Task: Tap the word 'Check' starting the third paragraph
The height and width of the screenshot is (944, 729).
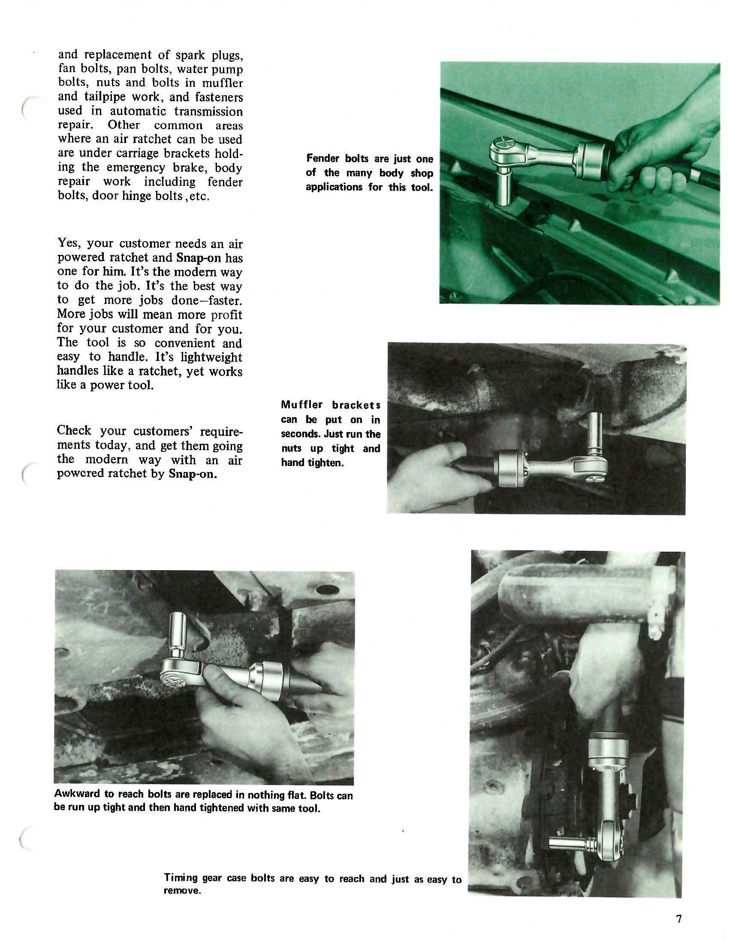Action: coord(74,430)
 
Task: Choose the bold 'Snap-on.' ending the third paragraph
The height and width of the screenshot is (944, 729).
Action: coord(193,473)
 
